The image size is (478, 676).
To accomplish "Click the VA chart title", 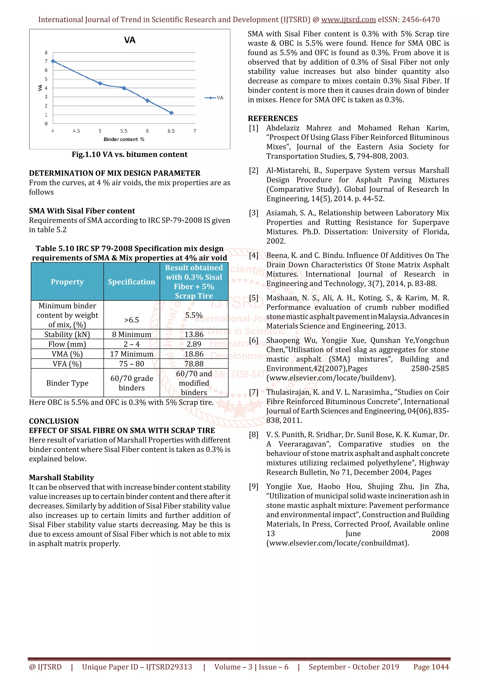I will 130,40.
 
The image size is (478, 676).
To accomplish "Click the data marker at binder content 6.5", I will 171,113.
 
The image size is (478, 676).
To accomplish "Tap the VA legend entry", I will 214,98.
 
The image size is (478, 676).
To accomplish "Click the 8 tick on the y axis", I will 46,53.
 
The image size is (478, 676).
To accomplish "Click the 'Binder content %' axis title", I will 124,139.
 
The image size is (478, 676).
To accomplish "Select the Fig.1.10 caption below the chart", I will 130,155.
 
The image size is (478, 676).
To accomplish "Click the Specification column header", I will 131,282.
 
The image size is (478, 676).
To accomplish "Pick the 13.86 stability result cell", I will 194,334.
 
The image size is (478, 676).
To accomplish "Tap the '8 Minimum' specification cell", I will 131,334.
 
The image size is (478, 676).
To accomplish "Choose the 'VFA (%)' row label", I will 67,364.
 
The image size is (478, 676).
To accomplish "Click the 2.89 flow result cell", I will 194,344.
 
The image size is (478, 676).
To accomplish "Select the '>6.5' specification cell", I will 131,320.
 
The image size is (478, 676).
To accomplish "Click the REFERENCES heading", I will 273,118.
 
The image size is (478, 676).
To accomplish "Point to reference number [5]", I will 253,298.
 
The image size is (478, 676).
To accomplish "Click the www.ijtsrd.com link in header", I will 348,20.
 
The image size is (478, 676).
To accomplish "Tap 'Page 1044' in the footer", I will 431,667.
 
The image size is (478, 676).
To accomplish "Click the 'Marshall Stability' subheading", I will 61,477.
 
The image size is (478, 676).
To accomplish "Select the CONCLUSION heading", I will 54,421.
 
